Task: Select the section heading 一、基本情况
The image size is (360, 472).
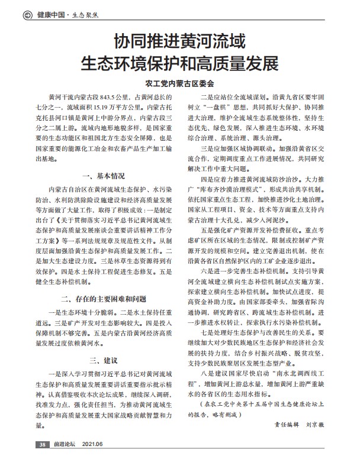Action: coord(104,176)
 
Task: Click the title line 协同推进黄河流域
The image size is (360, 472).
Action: coord(179,42)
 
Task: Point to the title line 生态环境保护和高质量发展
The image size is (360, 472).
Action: coord(179,63)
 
